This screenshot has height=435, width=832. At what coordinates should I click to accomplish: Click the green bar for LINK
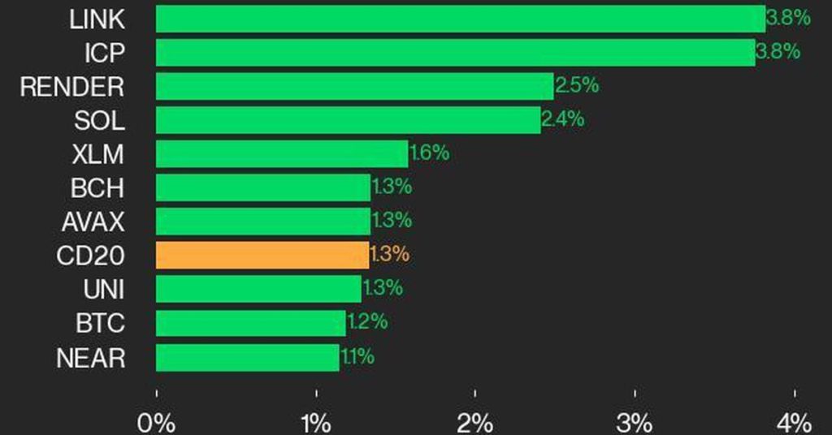point(460,19)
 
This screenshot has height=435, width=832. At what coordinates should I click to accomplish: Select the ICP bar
point(455,53)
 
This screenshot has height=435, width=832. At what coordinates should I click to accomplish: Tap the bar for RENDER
point(354,86)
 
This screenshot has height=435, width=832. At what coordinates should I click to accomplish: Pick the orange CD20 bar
point(262,255)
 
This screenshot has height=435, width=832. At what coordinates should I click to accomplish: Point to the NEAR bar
point(247,357)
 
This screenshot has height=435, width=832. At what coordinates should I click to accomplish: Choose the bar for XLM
point(281,153)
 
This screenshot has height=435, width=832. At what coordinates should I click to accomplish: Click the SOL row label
point(99,121)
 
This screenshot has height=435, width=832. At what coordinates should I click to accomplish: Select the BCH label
point(97,188)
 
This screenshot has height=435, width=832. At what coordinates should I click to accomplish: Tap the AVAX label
point(93,222)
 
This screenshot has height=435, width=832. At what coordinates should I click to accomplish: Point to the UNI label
point(104,289)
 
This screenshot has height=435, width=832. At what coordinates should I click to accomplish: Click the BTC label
point(100,323)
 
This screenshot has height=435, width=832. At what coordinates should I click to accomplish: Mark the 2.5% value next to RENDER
point(577,85)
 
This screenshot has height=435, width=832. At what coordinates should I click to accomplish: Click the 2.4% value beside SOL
point(563,119)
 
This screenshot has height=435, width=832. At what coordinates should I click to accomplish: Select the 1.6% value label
point(430,153)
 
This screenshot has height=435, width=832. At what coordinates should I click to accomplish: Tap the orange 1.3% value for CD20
point(389,254)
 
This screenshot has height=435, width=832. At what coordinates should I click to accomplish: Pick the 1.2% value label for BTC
point(367,322)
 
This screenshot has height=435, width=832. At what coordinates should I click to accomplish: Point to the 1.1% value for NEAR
point(357,356)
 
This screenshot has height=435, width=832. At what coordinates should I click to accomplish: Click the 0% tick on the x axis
point(157,423)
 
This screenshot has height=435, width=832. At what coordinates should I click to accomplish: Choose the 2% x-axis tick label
point(475,423)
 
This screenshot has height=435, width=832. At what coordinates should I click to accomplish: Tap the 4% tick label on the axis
point(794,423)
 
